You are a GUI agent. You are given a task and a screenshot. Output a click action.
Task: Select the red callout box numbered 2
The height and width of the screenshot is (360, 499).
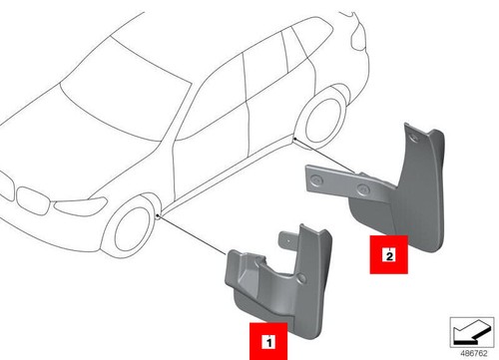[385, 253]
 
